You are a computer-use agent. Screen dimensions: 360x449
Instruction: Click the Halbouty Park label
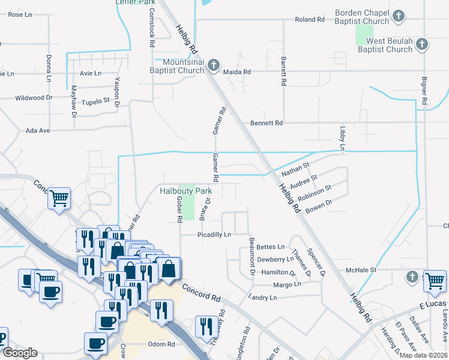click(187, 191)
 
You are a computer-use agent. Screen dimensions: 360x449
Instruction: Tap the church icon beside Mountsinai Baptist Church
click(214, 63)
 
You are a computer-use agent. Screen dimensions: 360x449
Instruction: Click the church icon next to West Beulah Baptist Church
click(423, 44)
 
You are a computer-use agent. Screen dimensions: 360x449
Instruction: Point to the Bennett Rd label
click(266, 123)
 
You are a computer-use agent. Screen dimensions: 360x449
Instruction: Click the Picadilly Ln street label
click(214, 235)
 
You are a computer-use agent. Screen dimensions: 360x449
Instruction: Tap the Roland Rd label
click(309, 20)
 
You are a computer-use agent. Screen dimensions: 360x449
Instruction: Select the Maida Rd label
click(237, 71)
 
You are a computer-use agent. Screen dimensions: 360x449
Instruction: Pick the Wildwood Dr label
click(34, 98)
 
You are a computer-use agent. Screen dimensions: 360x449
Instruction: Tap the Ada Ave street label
click(37, 130)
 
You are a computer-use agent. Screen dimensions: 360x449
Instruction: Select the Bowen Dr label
click(319, 207)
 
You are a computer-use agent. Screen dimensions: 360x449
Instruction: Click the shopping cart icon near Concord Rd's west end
click(59, 197)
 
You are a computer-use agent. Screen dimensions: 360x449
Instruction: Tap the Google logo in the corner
click(20, 353)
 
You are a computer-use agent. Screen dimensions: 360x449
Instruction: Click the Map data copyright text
click(423, 355)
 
